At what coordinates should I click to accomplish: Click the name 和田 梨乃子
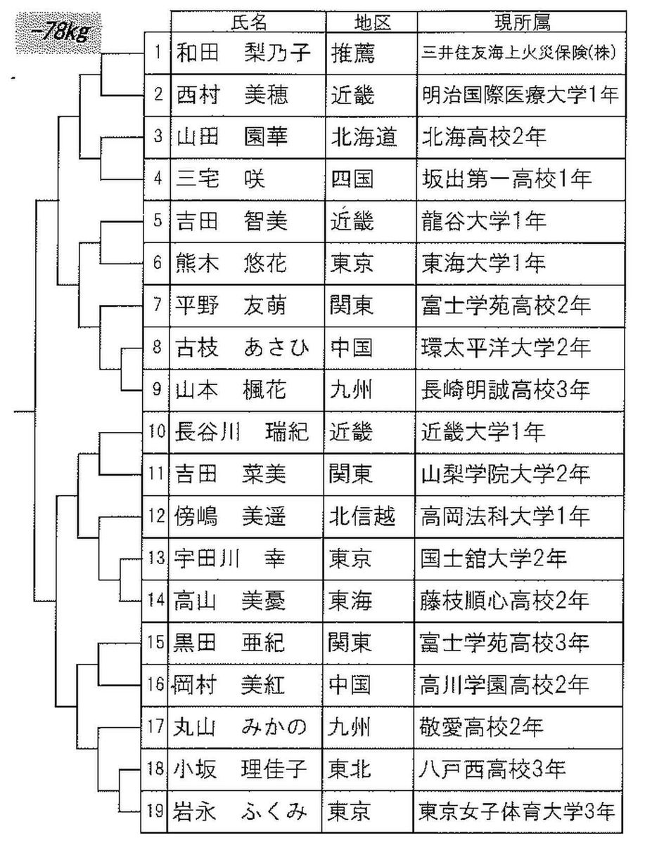point(242,53)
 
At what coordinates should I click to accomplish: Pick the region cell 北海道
point(364,136)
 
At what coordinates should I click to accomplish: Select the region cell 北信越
point(363,516)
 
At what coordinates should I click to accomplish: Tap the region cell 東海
point(352,601)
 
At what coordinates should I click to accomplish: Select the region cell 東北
point(352,769)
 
